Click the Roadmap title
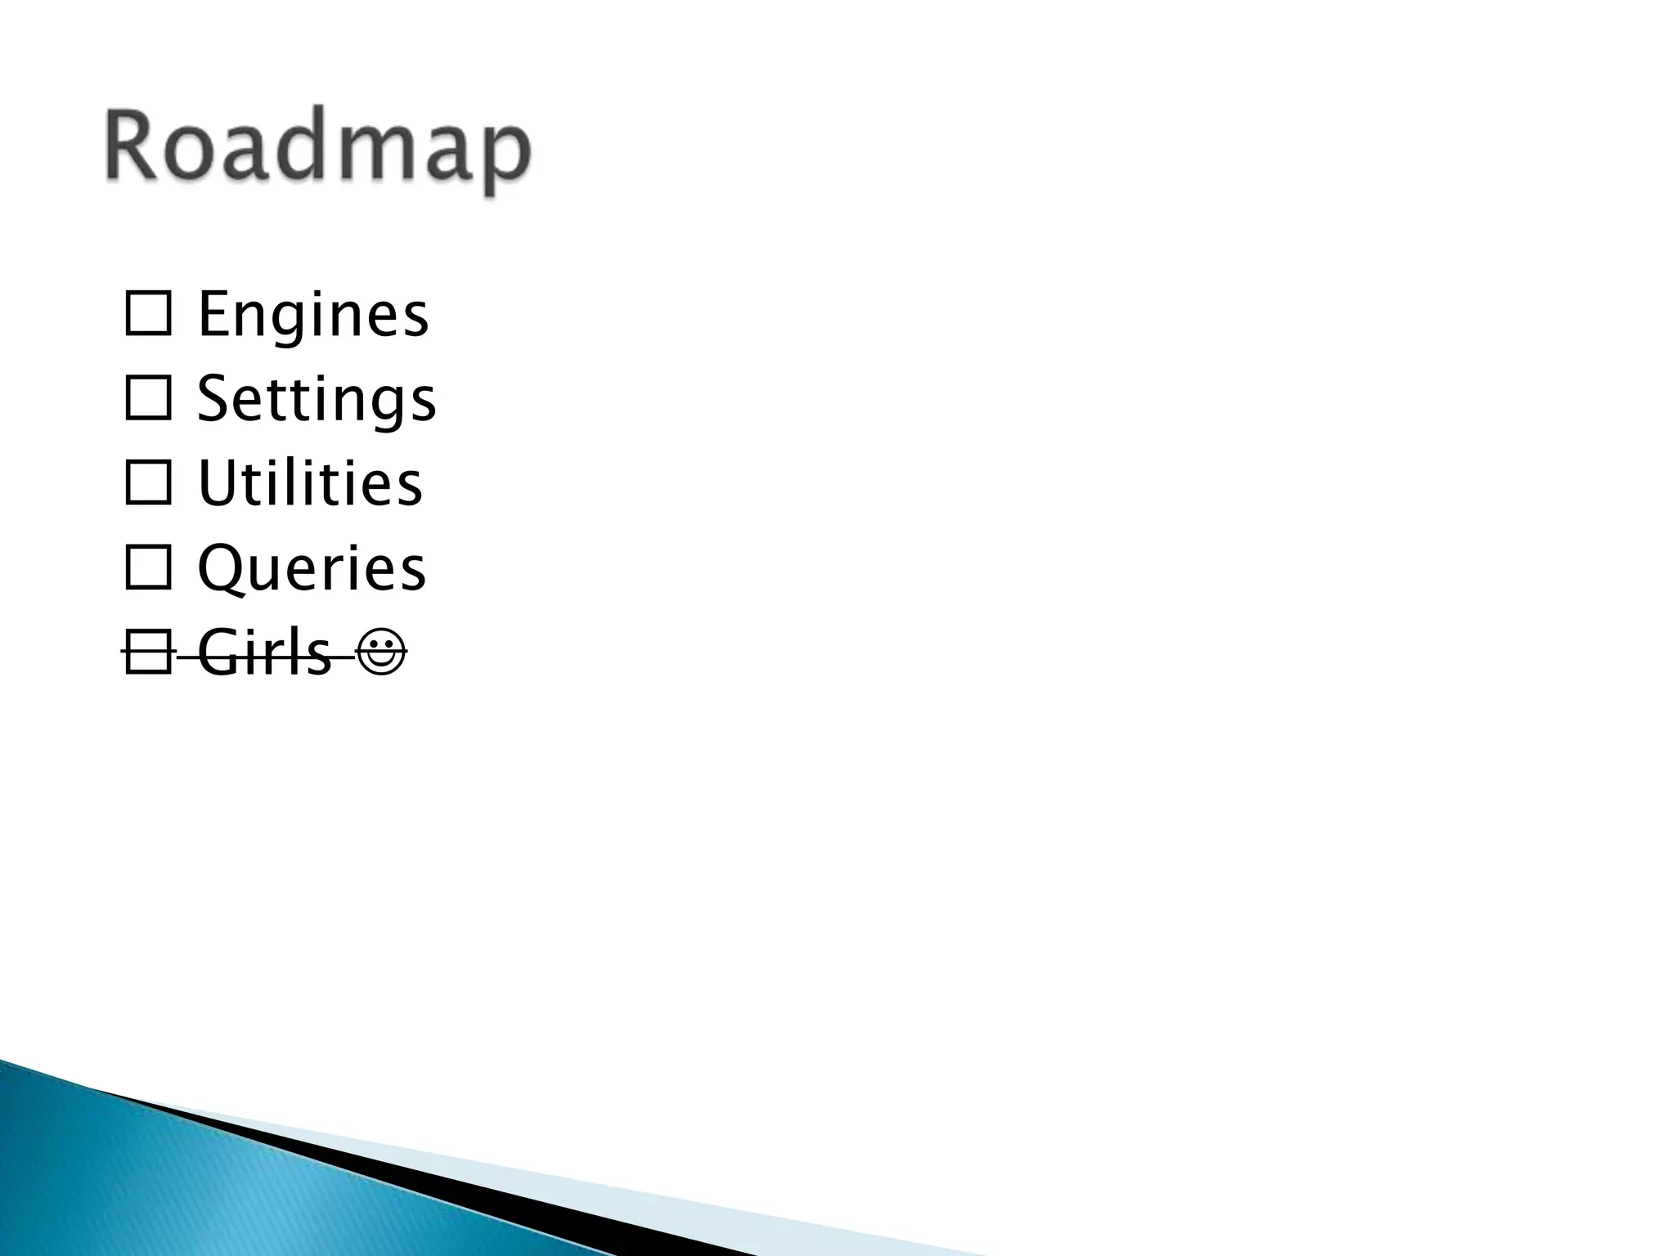pyautogui.click(x=317, y=149)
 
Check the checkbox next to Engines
pyautogui.click(x=148, y=315)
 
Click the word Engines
pyautogui.click(x=312, y=315)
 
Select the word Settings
pyautogui.click(x=317, y=400)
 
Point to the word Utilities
pyautogui.click(x=310, y=483)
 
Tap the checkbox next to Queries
pyautogui.click(x=148, y=567)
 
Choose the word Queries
pyautogui.click(x=312, y=568)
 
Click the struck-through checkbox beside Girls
pyautogui.click(x=148, y=653)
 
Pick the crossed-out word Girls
pyautogui.click(x=264, y=653)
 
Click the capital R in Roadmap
pyautogui.click(x=130, y=146)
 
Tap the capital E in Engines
pyautogui.click(x=213, y=315)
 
